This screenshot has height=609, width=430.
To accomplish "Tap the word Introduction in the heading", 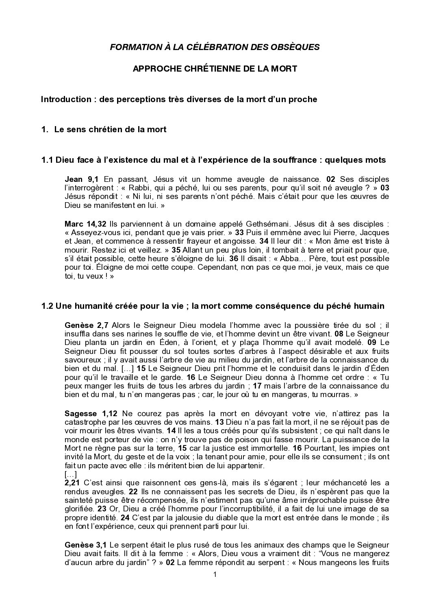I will click(x=66, y=99).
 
